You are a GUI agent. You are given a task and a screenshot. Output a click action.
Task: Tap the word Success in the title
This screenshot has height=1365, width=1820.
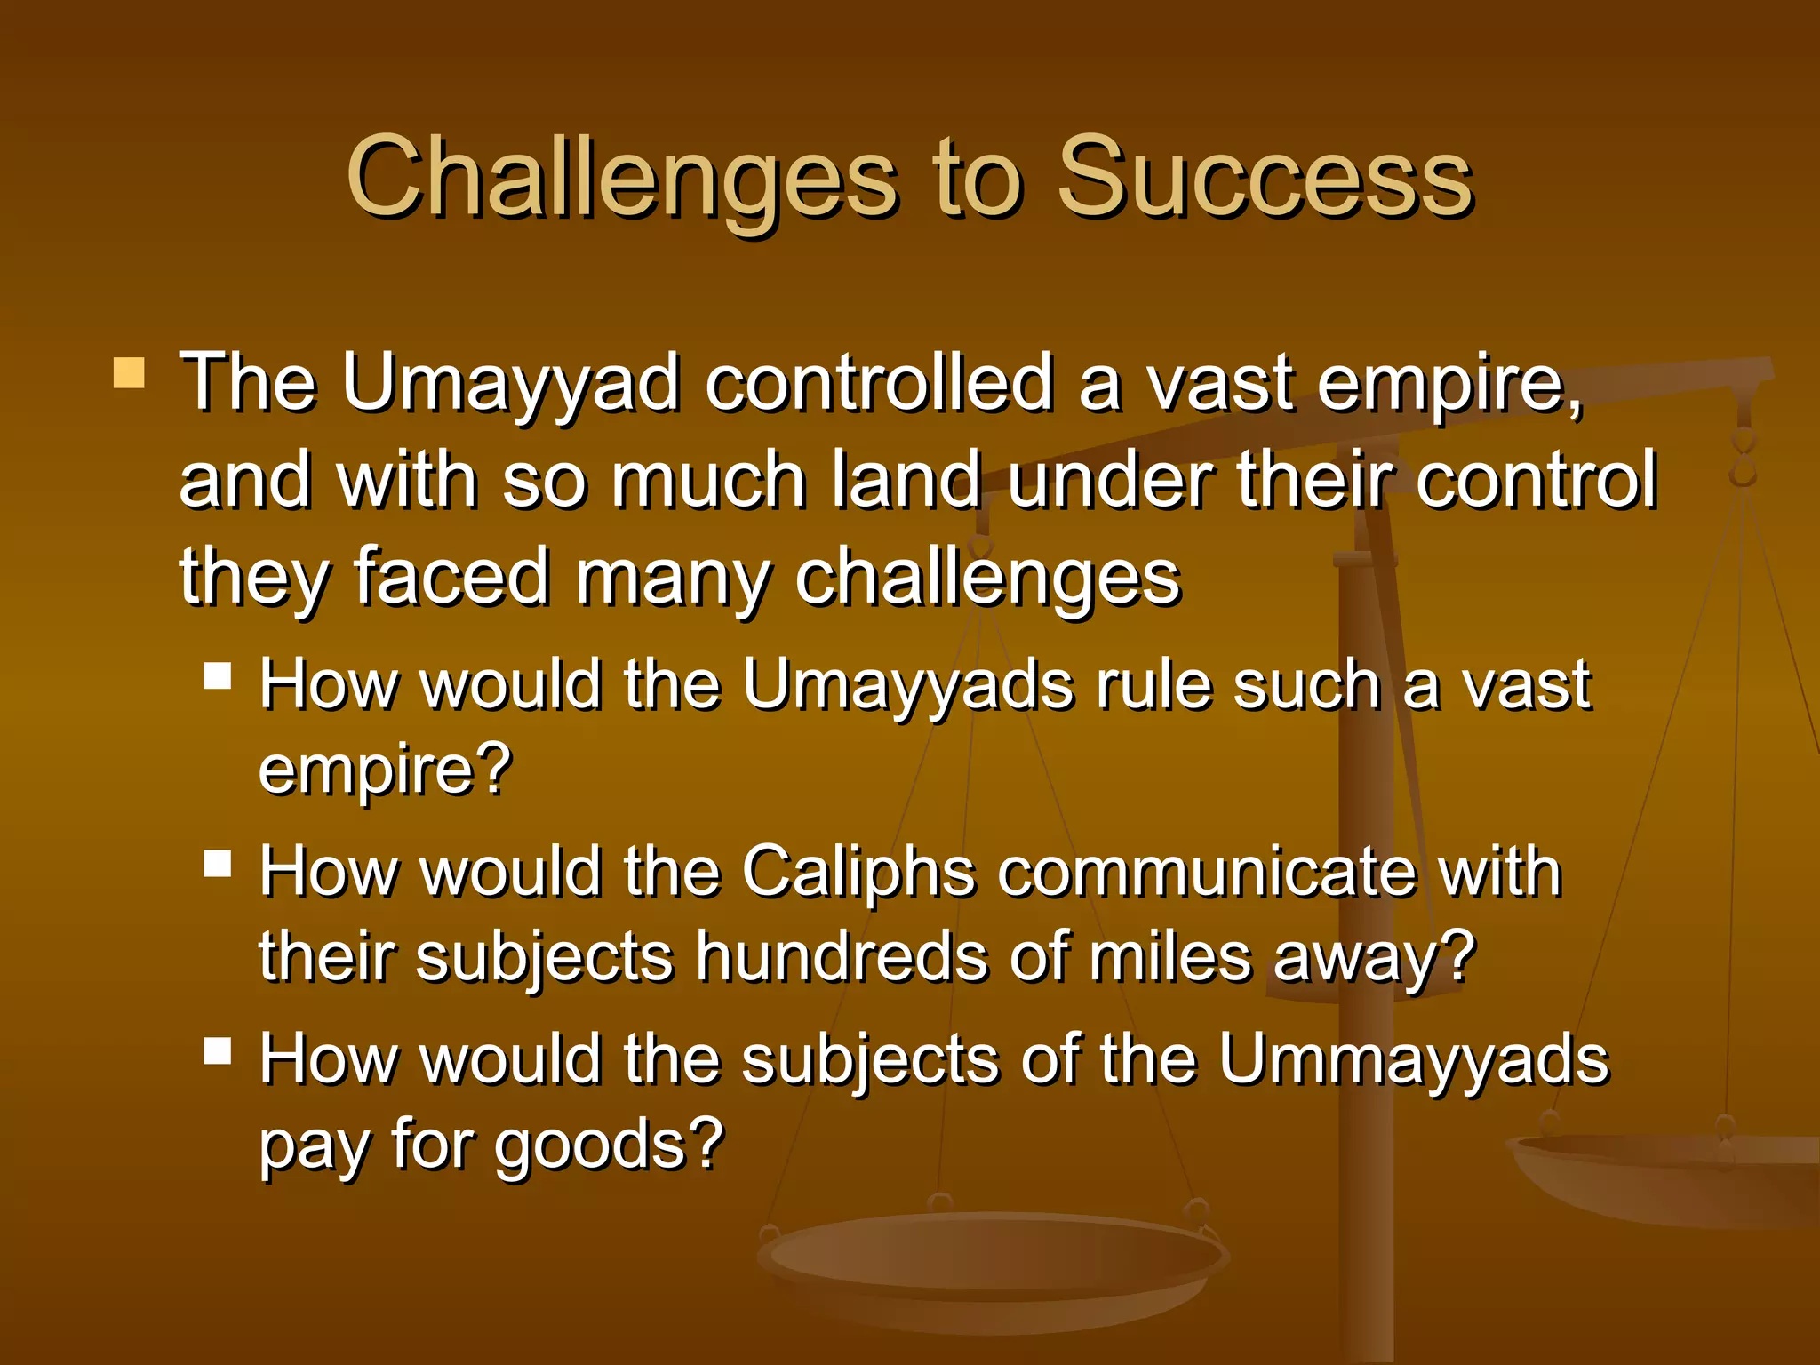point(1265,178)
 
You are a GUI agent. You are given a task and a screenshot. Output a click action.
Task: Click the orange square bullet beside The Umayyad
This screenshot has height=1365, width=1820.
point(130,373)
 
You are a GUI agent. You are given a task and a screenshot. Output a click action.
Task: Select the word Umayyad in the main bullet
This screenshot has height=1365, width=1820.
point(511,384)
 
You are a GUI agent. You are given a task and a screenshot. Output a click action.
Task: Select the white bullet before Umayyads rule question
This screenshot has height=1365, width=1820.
point(218,676)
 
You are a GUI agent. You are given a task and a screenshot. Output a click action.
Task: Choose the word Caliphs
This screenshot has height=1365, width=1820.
point(858,873)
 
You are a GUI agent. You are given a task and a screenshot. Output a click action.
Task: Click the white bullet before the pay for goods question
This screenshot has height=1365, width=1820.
point(218,1051)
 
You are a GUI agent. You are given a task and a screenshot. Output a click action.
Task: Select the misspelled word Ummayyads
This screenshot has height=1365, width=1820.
point(1413,1060)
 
